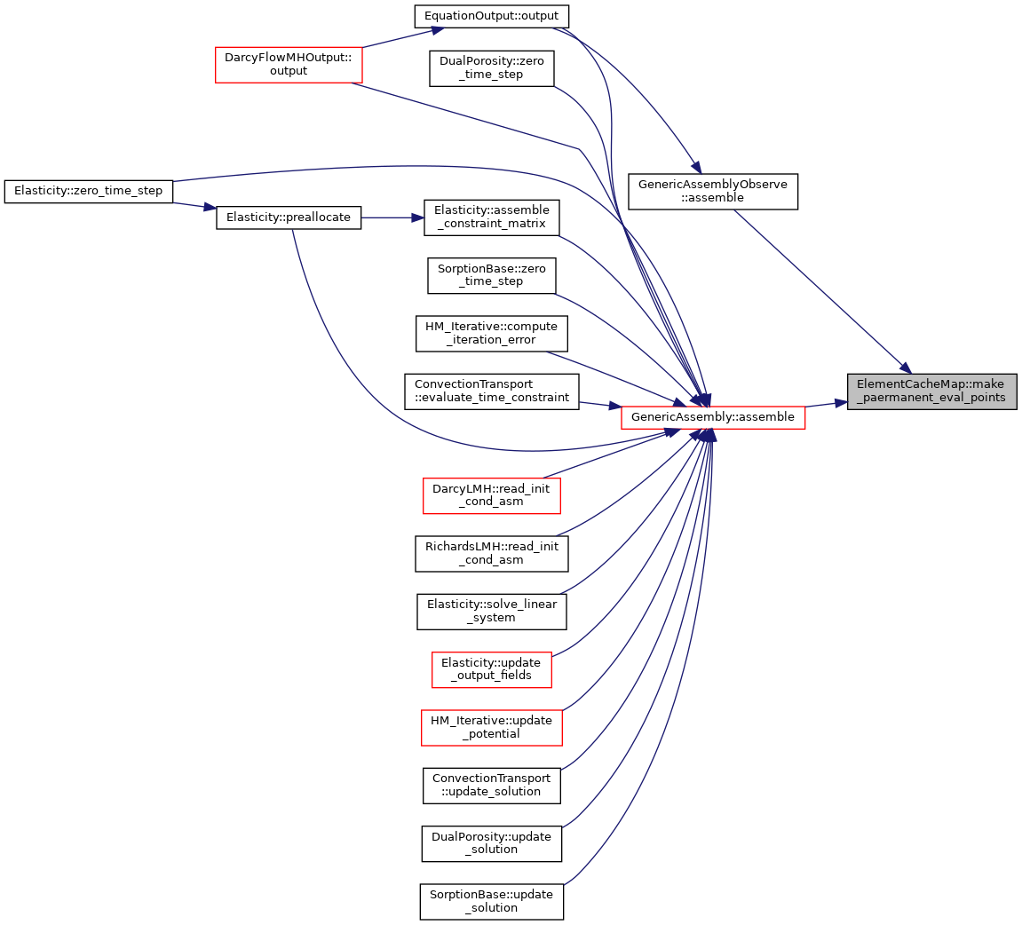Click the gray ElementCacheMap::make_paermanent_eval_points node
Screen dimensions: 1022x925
point(932,391)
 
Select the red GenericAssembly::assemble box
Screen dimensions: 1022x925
point(713,417)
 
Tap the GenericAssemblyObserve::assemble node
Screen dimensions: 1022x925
point(713,192)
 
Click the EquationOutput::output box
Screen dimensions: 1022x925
point(491,16)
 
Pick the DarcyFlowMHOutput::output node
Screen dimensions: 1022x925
point(289,65)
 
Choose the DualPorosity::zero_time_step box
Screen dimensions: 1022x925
point(491,68)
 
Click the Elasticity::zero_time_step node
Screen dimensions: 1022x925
point(88,192)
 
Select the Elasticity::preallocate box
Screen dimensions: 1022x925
point(289,217)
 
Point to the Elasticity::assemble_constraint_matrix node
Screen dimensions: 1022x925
point(491,217)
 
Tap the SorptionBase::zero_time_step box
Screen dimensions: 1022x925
point(491,275)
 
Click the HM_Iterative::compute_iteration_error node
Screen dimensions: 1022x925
point(491,334)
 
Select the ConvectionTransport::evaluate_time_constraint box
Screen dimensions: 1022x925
point(491,391)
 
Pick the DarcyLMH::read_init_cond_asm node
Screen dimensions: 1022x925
point(491,495)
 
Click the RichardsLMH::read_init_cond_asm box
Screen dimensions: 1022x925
point(491,554)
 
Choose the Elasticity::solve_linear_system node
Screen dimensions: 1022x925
point(491,612)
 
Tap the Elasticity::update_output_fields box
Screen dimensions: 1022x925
point(491,669)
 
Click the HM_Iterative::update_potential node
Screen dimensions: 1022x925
point(491,728)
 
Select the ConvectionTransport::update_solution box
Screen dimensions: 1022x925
point(491,786)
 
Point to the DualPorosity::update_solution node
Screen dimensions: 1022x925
point(491,843)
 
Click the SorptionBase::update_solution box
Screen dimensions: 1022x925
point(491,902)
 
